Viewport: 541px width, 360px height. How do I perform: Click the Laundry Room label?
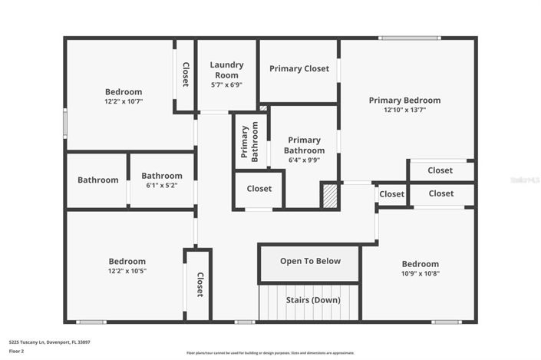(226, 70)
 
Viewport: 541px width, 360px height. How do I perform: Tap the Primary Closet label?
(299, 69)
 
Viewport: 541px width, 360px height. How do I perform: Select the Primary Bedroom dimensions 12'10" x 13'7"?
(404, 110)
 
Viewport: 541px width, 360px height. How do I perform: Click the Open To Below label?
(310, 261)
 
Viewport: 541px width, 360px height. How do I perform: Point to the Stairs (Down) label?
(312, 300)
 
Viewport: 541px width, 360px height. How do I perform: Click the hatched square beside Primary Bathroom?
(329, 195)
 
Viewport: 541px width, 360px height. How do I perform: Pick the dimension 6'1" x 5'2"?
(161, 185)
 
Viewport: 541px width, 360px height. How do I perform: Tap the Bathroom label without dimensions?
(97, 180)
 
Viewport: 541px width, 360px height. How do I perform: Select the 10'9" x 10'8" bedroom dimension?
(420, 273)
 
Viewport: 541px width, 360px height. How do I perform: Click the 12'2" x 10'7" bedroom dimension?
(124, 101)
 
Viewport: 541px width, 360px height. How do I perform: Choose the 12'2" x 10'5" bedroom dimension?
(127, 271)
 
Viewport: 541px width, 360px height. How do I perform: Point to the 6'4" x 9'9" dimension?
(304, 160)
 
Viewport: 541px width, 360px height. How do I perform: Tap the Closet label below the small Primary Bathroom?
(259, 189)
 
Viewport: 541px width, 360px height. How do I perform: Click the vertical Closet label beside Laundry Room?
(185, 74)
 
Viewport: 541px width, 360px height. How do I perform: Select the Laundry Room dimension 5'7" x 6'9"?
(226, 84)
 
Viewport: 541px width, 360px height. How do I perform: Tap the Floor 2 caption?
(16, 351)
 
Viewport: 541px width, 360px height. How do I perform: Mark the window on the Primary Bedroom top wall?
(410, 38)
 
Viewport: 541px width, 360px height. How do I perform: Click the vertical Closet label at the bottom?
(200, 285)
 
